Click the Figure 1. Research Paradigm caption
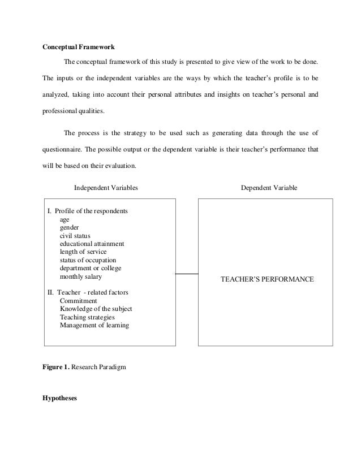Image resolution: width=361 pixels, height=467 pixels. [84, 366]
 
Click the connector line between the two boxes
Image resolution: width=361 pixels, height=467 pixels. [187, 273]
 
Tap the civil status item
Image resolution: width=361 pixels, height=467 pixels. [75, 236]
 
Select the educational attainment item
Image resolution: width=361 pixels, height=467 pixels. [92, 244]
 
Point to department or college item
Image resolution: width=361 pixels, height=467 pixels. [91, 268]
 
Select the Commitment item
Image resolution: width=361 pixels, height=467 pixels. [79, 301]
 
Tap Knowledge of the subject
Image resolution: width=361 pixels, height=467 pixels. [96, 309]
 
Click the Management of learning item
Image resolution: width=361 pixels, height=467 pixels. [94, 326]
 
